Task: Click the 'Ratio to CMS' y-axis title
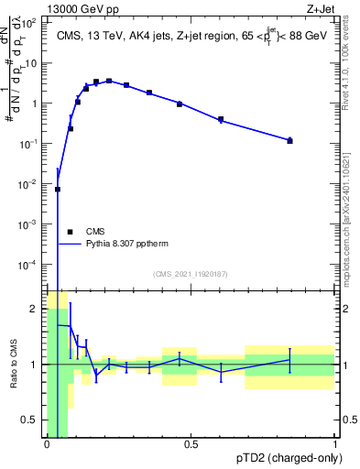[x=14, y=364]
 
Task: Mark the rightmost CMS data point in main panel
[x=289, y=140]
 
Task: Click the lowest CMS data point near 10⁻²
[x=58, y=190]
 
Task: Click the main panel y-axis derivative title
[x=16, y=92]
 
